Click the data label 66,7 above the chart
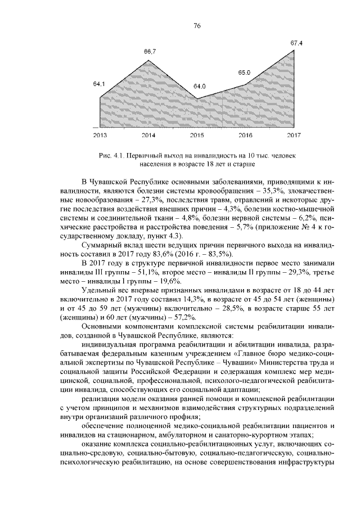click(150, 52)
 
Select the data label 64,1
click(100, 84)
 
